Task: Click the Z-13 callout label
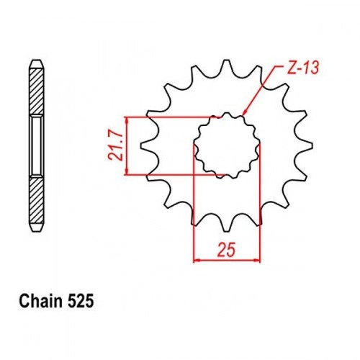point(303,67)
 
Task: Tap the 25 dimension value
point(226,250)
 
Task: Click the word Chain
point(40,301)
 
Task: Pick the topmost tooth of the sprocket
point(226,67)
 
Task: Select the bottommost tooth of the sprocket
point(226,225)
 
